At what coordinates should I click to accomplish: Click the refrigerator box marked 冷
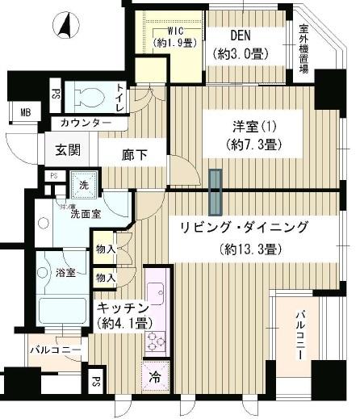pos(154,376)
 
